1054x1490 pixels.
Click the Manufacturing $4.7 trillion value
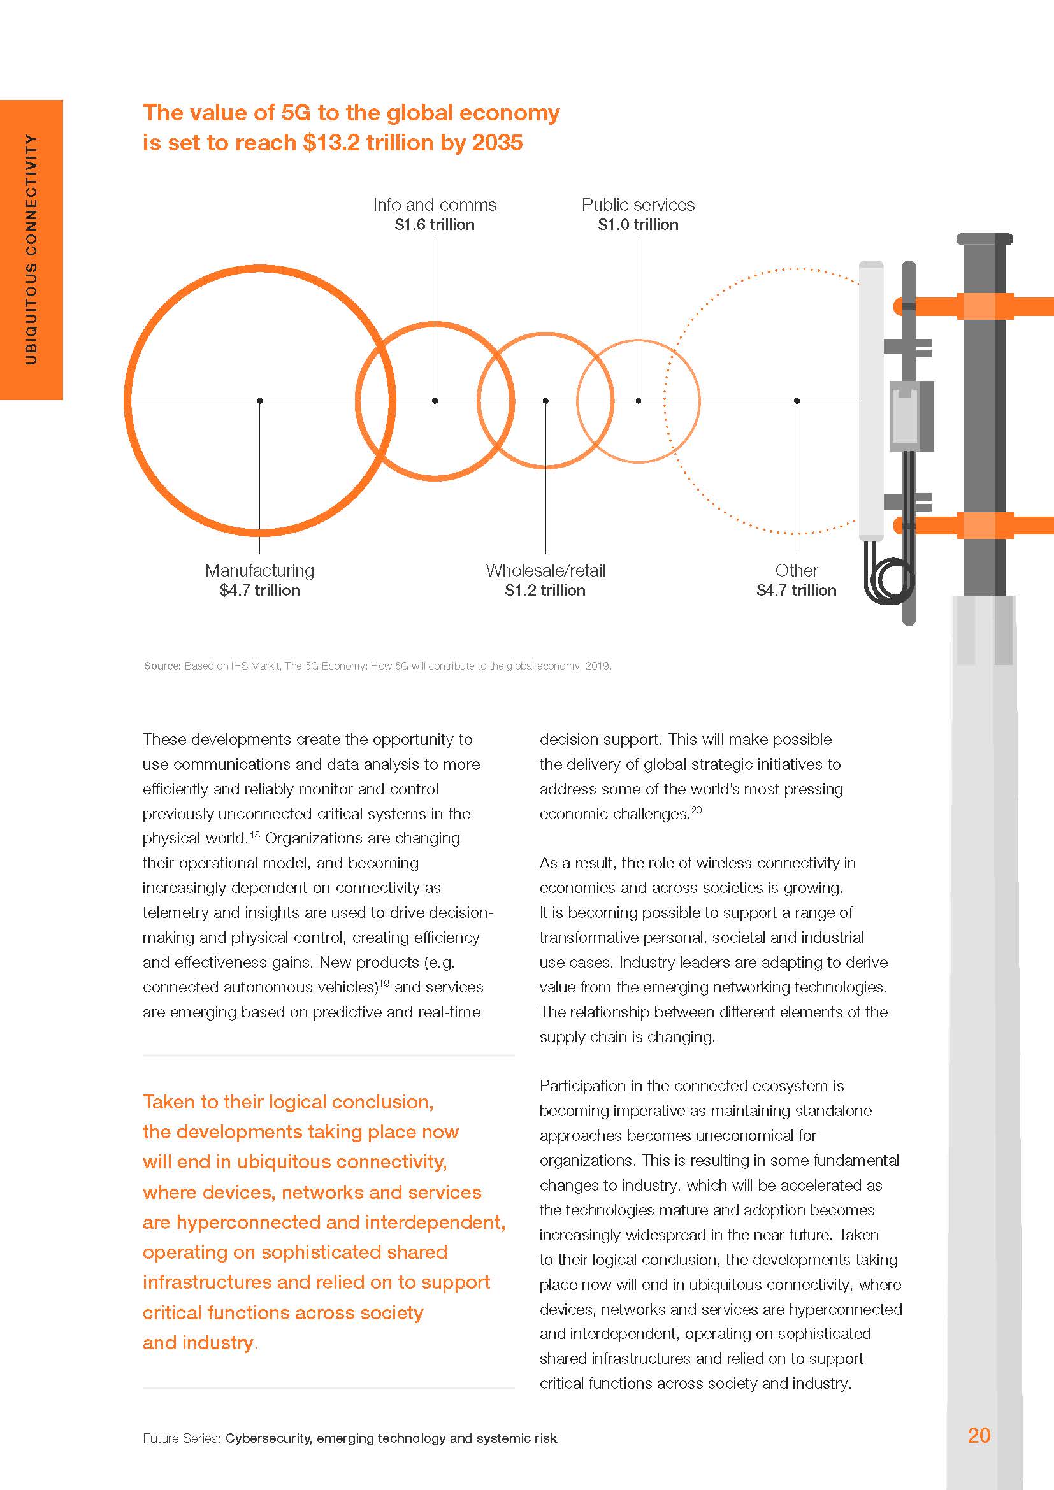[x=259, y=590]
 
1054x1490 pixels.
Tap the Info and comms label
[x=434, y=205]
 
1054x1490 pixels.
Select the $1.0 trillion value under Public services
[x=638, y=224]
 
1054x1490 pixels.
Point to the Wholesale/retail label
[x=545, y=570]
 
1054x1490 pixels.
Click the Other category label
[x=797, y=570]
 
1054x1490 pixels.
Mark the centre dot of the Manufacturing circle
[x=259, y=401]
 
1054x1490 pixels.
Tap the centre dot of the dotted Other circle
[x=797, y=401]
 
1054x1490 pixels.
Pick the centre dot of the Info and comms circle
[x=435, y=401]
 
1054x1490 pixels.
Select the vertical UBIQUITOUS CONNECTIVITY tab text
[x=31, y=249]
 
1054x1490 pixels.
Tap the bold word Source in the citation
[x=162, y=666]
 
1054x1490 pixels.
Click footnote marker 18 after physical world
[x=254, y=835]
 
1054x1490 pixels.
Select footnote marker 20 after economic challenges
[x=697, y=810]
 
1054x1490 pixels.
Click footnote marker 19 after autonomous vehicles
[x=384, y=983]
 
